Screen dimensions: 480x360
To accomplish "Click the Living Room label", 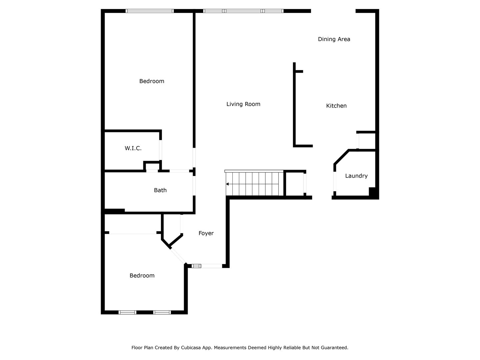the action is tap(243, 104).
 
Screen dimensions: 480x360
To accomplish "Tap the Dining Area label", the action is tap(334, 39).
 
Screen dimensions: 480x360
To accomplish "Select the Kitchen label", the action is tap(336, 106).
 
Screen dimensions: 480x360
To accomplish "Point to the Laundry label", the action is tap(356, 176).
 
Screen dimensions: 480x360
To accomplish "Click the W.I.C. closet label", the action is tap(133, 148).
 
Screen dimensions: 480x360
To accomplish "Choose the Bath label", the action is tap(160, 190).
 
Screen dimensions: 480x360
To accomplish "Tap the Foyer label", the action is tap(206, 233).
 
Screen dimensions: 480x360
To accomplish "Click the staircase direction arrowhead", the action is tap(227, 184).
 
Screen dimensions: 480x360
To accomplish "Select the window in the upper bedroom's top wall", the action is tap(150, 11).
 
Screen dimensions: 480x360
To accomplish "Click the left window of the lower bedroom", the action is tap(127, 312).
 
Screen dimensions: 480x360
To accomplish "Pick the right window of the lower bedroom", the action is tap(162, 312).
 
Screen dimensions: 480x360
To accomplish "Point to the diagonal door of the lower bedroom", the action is tap(178, 256).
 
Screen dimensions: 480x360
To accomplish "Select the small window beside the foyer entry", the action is tap(196, 266).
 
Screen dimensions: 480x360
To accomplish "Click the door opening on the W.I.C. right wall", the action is tap(161, 150).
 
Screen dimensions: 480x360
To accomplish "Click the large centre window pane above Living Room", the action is tap(243, 11).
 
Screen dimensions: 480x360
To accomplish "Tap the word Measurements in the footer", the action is tap(230, 348).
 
